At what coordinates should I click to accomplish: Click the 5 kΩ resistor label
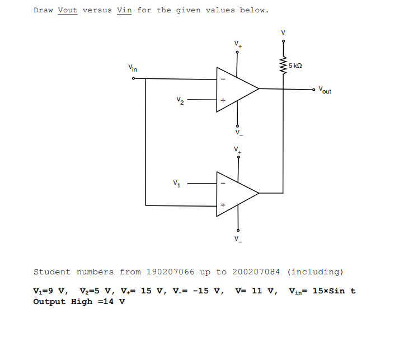tap(295, 66)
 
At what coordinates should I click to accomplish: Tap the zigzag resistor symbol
tap(283, 66)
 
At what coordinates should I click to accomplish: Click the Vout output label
tap(325, 90)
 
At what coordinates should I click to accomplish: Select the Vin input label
tap(132, 68)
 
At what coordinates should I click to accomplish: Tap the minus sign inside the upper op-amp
tap(223, 78)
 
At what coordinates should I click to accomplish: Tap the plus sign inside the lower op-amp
tap(223, 205)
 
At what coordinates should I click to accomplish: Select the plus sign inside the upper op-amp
tap(223, 101)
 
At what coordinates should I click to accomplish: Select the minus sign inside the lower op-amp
tap(223, 183)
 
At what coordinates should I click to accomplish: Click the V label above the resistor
tap(283, 32)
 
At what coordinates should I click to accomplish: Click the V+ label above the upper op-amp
tap(238, 44)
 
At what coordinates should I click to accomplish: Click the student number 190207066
tap(170, 272)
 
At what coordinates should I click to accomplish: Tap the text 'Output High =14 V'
tap(79, 302)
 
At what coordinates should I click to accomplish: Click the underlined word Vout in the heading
tap(68, 10)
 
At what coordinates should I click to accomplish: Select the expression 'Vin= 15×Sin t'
tap(322, 291)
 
